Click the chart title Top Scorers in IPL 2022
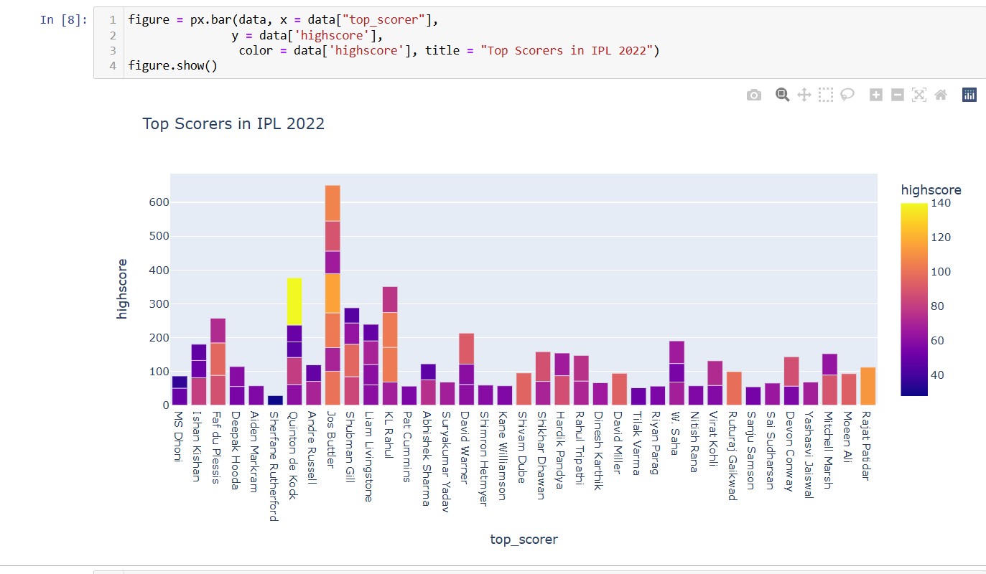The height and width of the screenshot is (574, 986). (233, 124)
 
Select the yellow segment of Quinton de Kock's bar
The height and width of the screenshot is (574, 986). (294, 301)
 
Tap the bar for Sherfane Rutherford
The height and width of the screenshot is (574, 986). (275, 400)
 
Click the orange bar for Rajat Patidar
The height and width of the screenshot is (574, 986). (868, 386)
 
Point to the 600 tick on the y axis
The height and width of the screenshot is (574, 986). (159, 202)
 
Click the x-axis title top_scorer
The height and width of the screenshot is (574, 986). (524, 539)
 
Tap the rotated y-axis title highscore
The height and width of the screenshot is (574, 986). (123, 288)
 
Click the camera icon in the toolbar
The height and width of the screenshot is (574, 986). (753, 95)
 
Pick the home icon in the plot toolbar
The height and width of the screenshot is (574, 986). (941, 95)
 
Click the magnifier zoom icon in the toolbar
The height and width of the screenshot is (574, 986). (782, 95)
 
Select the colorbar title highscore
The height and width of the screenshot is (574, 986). (931, 190)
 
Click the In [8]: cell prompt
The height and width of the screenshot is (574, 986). (63, 19)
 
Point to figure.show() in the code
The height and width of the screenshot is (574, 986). (172, 66)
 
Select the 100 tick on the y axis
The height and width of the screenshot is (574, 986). (159, 372)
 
